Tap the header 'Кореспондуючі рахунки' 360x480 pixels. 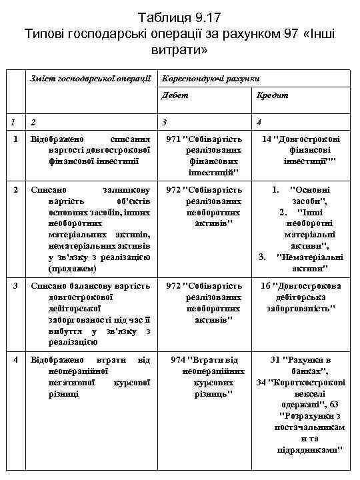(x=211, y=78)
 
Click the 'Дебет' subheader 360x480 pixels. (x=175, y=95)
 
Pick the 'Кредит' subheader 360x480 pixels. (x=273, y=95)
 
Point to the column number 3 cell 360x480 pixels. (x=165, y=122)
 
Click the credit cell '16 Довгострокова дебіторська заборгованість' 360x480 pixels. (x=301, y=297)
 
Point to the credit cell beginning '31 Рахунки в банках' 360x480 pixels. (x=301, y=405)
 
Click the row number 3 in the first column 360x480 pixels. (x=15, y=286)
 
